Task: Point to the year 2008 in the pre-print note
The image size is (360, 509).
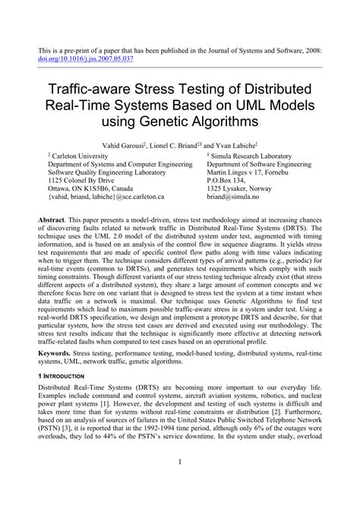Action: point(313,48)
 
